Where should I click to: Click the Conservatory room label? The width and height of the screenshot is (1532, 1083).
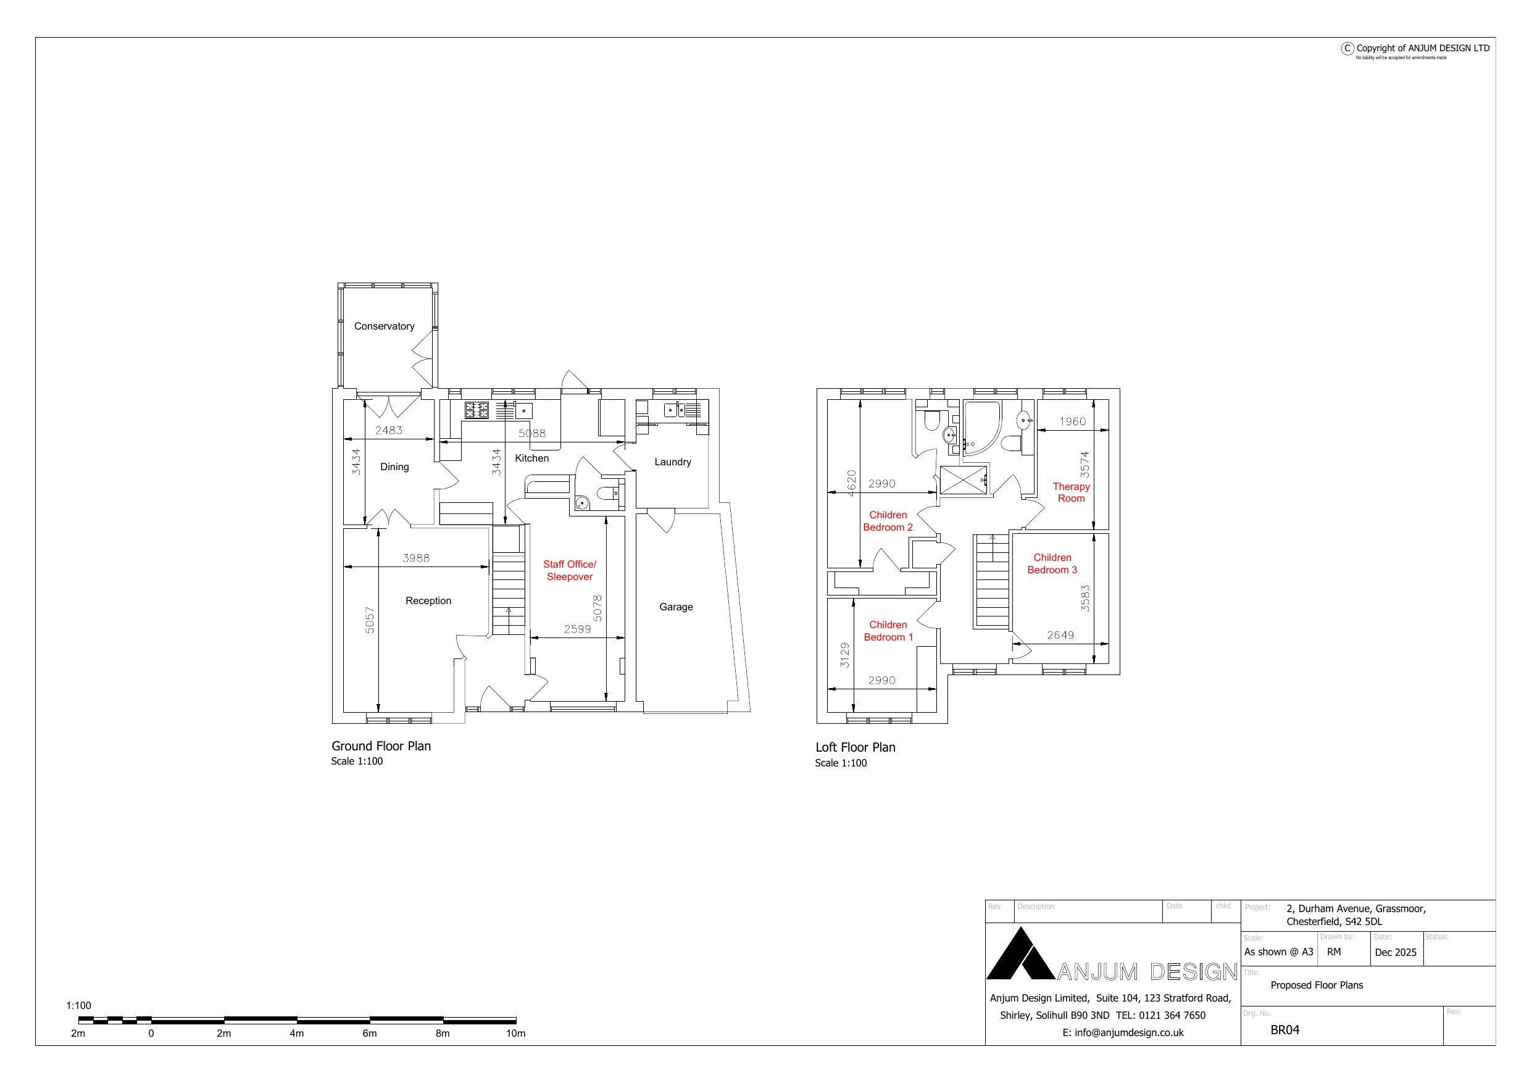[384, 326]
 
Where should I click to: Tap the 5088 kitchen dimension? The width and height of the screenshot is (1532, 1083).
[532, 433]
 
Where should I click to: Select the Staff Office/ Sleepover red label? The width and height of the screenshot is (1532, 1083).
[569, 571]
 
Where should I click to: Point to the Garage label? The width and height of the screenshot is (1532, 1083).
[676, 607]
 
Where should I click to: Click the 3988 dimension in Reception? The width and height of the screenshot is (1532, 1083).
[415, 558]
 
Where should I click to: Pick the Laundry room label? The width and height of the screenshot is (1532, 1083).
[673, 462]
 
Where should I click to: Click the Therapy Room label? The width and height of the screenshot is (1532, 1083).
[1071, 492]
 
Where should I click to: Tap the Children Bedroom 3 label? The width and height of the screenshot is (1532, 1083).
[1052, 564]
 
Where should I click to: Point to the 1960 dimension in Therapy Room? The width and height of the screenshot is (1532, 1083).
[1073, 421]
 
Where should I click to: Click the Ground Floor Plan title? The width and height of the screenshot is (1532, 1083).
[381, 746]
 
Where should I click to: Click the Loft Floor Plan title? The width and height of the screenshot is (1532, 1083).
[856, 747]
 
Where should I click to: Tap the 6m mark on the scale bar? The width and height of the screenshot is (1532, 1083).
[370, 1033]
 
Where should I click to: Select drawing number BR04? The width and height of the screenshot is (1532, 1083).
[1284, 1029]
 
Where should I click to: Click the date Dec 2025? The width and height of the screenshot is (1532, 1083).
[1395, 952]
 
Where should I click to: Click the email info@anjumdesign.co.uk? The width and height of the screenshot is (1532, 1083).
[1123, 1032]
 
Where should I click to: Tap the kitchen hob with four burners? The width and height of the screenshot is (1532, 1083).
[477, 410]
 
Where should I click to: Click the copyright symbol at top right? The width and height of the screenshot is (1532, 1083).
[1348, 48]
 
